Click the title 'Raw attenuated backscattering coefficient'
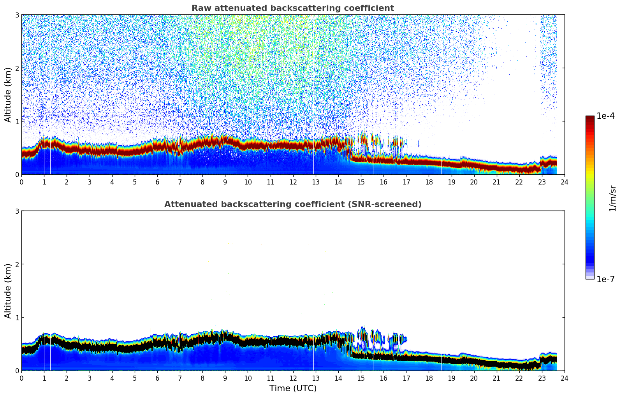(x=292, y=8)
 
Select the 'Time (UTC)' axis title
(x=293, y=388)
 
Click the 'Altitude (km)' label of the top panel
(x=8, y=95)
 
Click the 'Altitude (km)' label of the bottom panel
(x=8, y=291)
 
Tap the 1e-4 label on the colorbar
(x=605, y=116)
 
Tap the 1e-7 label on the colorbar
(x=605, y=279)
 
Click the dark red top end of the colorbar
(x=589, y=118)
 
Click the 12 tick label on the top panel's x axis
(x=293, y=182)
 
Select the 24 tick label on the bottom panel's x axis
(x=564, y=378)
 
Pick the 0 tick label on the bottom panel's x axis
(x=21, y=378)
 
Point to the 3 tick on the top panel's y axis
(x=17, y=15)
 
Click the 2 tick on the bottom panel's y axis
(x=17, y=264)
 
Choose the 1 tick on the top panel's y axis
(x=17, y=121)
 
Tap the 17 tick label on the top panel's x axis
(x=406, y=182)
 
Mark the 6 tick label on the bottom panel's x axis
(x=157, y=378)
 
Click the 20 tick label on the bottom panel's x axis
(x=474, y=378)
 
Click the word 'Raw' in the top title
(x=200, y=8)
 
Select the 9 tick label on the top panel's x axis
(x=225, y=182)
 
